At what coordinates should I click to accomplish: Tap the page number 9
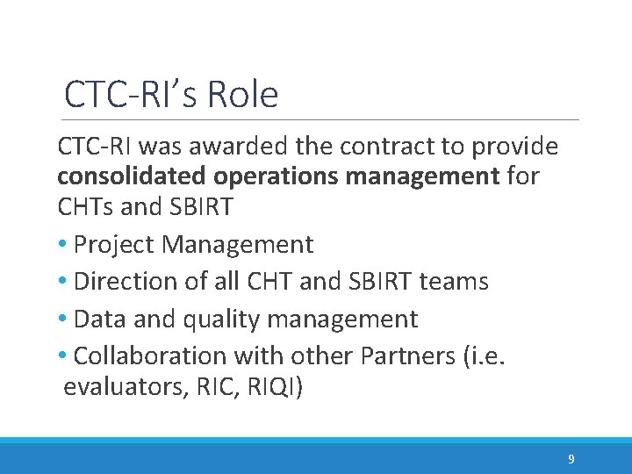click(x=571, y=459)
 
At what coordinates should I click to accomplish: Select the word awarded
click(x=250, y=145)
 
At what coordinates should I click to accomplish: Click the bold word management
click(x=422, y=176)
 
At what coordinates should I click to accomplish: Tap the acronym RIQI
click(x=273, y=387)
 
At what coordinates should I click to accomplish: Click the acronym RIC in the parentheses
click(x=219, y=387)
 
